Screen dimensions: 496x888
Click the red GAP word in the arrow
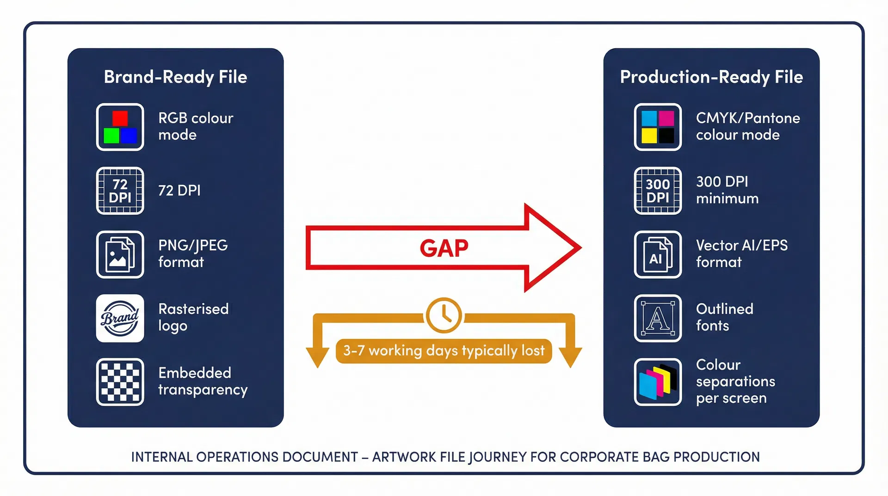[444, 248]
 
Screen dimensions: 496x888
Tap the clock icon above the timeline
[444, 316]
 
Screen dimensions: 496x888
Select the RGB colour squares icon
[120, 127]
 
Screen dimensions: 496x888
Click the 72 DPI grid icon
[120, 191]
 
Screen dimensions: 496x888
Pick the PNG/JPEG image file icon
[120, 254]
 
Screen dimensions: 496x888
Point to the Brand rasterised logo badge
[120, 318]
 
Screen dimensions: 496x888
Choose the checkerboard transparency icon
[120, 382]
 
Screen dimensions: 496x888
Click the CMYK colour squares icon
[658, 127]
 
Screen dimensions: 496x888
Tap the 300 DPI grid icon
[658, 191]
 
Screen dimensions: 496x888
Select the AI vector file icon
[658, 254]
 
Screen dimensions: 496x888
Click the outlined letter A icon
[658, 318]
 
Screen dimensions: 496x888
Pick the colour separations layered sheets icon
[658, 382]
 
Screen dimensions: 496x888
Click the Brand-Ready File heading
[175, 77]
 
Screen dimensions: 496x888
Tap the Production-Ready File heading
[711, 77]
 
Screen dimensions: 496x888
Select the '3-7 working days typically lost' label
[444, 351]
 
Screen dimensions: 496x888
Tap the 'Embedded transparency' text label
[203, 381]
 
